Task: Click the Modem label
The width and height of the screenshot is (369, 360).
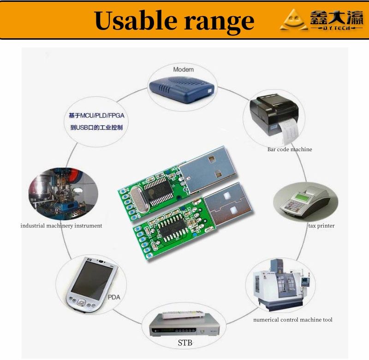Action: click(x=183, y=70)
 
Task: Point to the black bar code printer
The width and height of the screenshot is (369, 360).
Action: click(x=274, y=118)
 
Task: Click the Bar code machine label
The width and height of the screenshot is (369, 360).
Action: click(x=290, y=149)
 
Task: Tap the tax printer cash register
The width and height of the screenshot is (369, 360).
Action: click(x=305, y=203)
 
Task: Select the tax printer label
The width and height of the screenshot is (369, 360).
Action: click(x=321, y=226)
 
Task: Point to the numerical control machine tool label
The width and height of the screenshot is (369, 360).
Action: click(x=292, y=320)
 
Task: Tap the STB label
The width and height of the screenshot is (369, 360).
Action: click(x=185, y=343)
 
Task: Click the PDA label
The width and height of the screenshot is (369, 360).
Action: click(x=114, y=297)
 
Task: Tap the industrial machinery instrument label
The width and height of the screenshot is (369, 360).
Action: click(x=61, y=226)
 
